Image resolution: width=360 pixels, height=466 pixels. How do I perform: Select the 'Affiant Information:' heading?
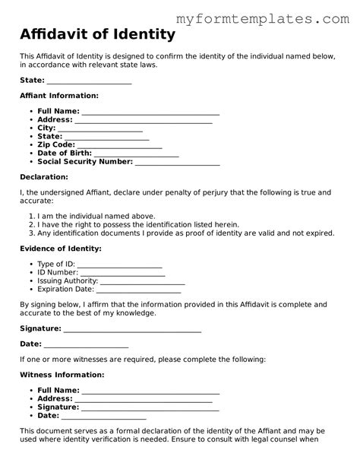[58, 96]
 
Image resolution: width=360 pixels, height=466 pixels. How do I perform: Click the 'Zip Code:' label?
[55, 144]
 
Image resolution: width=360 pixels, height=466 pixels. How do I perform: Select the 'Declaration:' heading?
[44, 177]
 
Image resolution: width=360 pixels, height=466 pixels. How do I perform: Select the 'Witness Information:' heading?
[62, 375]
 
